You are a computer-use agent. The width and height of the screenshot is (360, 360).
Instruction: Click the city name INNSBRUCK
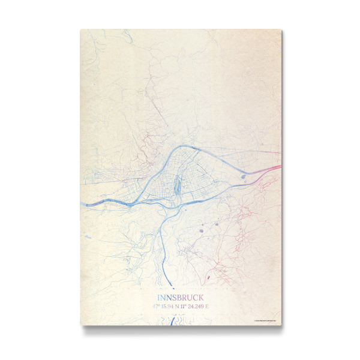click(180, 298)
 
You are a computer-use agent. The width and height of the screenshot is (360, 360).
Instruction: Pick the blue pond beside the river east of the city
click(242, 176)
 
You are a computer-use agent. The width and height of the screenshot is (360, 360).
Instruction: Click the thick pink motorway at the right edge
click(273, 168)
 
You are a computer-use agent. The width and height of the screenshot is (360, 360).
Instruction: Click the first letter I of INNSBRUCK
click(158, 298)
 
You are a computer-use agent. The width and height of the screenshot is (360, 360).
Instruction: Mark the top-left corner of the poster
click(80, 29)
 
